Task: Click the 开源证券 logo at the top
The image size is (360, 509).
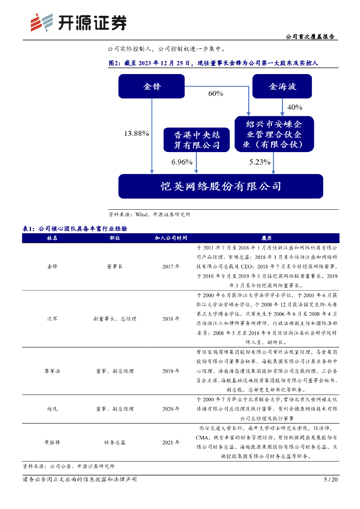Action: pos(78,22)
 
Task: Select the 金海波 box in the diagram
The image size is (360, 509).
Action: pos(282,86)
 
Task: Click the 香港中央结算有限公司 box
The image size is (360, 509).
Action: pos(197,140)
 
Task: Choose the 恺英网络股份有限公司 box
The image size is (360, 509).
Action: pos(220,186)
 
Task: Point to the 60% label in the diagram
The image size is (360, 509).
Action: pos(215,93)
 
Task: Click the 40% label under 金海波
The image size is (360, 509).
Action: pos(295,107)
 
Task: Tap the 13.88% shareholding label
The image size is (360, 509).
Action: pos(136,133)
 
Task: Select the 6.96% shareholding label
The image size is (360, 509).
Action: pos(181,162)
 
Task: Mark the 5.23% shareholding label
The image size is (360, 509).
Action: pos(260,162)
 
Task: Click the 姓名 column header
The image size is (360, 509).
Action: pos(52,238)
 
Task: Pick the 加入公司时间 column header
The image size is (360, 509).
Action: pos(171,238)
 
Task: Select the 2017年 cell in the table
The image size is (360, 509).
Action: pos(171,266)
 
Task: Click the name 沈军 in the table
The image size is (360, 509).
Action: pos(52,319)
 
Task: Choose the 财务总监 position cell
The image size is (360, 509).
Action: pos(114,441)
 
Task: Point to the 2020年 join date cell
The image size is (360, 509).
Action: pos(171,409)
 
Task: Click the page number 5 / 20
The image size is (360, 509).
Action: pos(331,480)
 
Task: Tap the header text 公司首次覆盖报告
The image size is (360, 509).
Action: pos(311,37)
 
